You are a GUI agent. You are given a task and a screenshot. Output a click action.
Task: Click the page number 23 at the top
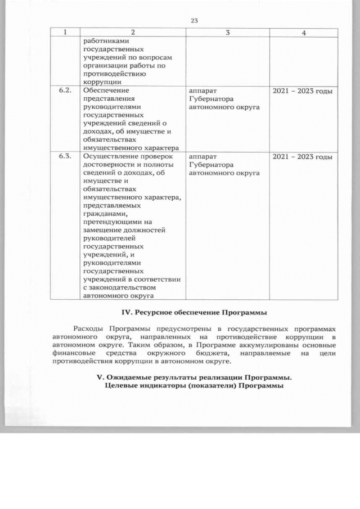pos(194,21)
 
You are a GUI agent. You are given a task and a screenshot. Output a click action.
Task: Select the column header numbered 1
pos(65,33)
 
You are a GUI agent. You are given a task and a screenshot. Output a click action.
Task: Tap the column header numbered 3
pos(227,33)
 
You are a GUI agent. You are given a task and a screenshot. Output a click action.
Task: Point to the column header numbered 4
pos(303,33)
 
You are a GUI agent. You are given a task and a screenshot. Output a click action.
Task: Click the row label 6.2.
pos(65,91)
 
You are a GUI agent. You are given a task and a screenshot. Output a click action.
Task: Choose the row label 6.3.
pos(65,156)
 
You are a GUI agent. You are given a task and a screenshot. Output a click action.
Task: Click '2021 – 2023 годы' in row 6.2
pos(303,91)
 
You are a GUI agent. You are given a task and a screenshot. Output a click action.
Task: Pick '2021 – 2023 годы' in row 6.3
pos(303,156)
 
